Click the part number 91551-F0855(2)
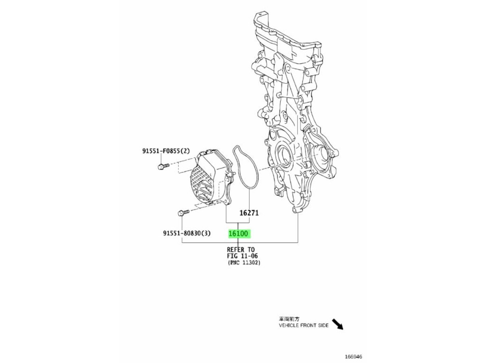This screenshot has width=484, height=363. point(166,151)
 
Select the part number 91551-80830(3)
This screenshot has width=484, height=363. point(187,233)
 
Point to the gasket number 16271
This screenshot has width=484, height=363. point(249,213)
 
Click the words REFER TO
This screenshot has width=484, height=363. point(241,250)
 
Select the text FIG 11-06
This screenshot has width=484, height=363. point(242,256)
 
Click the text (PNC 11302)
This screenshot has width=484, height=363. point(244,263)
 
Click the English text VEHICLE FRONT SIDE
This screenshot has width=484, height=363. point(304,325)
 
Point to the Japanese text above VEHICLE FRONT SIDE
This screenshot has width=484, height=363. point(289,319)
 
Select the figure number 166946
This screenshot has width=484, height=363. point(353,357)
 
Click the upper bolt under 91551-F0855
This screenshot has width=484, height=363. point(163,166)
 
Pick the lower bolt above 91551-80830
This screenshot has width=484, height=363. point(183,213)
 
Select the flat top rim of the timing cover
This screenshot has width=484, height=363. point(287,33)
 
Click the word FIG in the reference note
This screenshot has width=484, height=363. point(233,256)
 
